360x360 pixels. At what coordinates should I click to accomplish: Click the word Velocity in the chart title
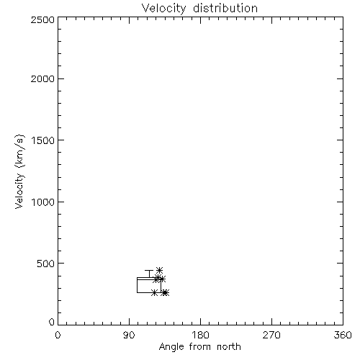pos(163,9)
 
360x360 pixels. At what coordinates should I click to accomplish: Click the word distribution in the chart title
pos(225,8)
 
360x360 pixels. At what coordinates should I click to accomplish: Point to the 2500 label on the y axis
pos(42,19)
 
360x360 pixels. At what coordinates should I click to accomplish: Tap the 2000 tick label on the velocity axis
pos(42,79)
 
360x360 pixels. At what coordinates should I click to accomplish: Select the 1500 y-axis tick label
pos(43,140)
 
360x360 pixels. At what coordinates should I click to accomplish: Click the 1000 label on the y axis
pos(43,202)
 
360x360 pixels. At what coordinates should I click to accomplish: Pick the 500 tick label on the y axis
pos(46,264)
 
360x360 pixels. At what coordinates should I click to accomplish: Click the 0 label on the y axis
pos(52,322)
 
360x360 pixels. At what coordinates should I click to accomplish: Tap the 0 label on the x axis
pos(58,335)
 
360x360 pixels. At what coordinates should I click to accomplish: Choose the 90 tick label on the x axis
pos(129,335)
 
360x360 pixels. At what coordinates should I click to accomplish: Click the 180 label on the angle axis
pos(200,335)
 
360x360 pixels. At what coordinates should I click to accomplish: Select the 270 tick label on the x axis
pos(271,335)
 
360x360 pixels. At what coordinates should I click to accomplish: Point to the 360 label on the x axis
pos(343,335)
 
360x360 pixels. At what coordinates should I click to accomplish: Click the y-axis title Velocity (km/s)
pos(19,171)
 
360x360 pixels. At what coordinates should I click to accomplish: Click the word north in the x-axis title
pos(229,347)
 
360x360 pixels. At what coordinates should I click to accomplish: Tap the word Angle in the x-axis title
pos(171,347)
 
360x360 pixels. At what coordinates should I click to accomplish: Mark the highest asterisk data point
pos(159,271)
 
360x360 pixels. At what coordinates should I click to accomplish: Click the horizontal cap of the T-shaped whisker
pos(149,271)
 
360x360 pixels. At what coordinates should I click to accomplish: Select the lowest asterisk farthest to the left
pos(155,293)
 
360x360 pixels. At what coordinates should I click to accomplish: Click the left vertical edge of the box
pos(138,285)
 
